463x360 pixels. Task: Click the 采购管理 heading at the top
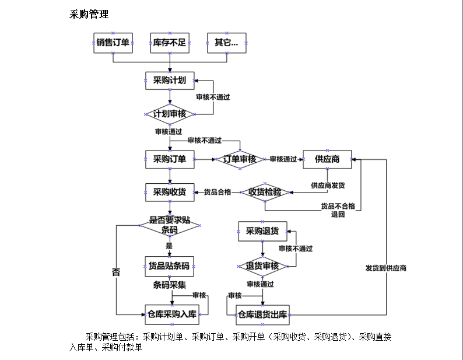(x=89, y=15)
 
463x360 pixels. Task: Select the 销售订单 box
(x=113, y=43)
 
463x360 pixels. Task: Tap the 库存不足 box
(x=169, y=43)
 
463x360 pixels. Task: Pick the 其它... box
(x=226, y=43)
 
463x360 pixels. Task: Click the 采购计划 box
(x=170, y=81)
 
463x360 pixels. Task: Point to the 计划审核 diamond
(x=170, y=114)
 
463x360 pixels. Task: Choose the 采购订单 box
(x=170, y=159)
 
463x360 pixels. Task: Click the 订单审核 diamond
(x=240, y=159)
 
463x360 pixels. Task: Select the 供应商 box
(x=327, y=159)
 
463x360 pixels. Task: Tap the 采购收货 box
(x=170, y=192)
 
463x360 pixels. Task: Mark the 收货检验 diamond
(x=265, y=192)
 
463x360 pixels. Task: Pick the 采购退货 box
(x=262, y=231)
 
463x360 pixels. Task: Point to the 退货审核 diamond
(x=262, y=266)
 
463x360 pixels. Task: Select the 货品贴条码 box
(x=169, y=266)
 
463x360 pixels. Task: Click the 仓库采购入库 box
(x=171, y=314)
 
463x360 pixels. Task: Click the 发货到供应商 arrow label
(x=386, y=268)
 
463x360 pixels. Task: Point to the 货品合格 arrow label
(x=217, y=192)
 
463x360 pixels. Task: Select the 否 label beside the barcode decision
(x=116, y=272)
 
